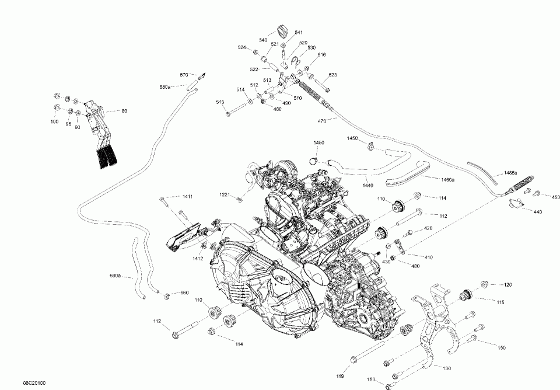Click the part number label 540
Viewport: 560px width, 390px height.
pyautogui.click(x=263, y=40)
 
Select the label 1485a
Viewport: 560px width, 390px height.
pyautogui.click(x=511, y=173)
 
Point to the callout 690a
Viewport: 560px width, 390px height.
pyautogui.click(x=115, y=275)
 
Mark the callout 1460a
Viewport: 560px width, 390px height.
pyautogui.click(x=447, y=180)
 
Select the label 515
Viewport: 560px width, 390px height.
pyautogui.click(x=220, y=103)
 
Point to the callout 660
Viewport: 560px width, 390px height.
pyautogui.click(x=184, y=292)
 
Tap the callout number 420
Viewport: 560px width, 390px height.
pyautogui.click(x=428, y=228)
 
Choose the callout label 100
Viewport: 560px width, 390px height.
pyautogui.click(x=54, y=122)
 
